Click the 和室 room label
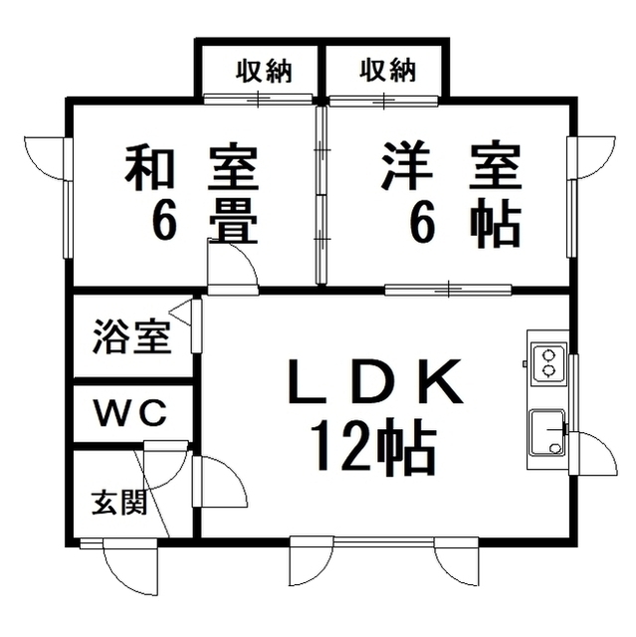pyautogui.click(x=192, y=167)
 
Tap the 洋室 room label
pyautogui.click(x=451, y=166)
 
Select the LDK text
pyautogui.click(x=375, y=380)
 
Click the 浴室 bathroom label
pyautogui.click(x=131, y=337)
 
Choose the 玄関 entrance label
pyautogui.click(x=118, y=504)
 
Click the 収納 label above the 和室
pyautogui.click(x=264, y=71)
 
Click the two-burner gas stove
pyautogui.click(x=549, y=362)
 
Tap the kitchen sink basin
pyautogui.click(x=547, y=433)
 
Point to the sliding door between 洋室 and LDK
pyautogui.click(x=448, y=290)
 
